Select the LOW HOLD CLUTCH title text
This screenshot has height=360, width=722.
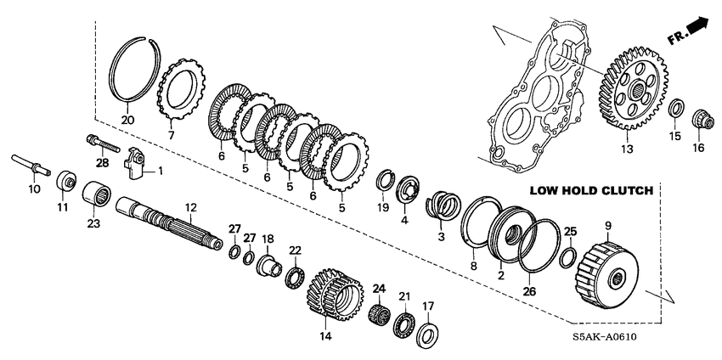coord(589,191)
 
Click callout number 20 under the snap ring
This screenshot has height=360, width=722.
coord(127,119)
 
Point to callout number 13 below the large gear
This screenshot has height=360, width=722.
coord(626,149)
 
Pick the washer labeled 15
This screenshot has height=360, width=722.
coord(676,110)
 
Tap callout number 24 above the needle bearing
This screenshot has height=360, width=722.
coord(378,289)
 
